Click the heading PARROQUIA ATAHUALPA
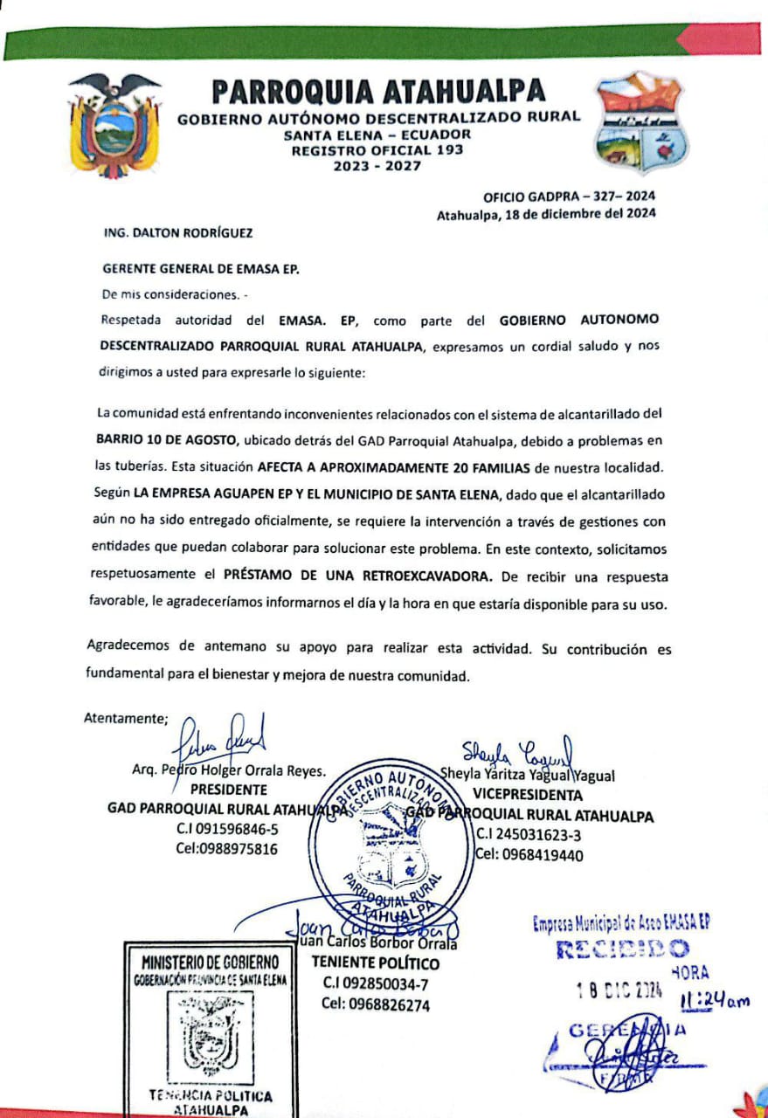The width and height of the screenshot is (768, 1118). [x=379, y=91]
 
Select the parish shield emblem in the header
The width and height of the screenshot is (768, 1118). [x=640, y=123]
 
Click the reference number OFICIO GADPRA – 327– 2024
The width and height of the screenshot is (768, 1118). [x=569, y=197]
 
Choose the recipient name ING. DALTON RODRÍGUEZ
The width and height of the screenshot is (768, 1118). [x=180, y=233]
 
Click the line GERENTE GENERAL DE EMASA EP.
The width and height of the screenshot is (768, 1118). [x=201, y=270]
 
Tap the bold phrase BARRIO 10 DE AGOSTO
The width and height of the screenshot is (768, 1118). [x=167, y=438]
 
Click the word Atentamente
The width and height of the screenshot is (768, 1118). [x=126, y=719]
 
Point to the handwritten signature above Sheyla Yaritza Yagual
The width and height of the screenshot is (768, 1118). [x=517, y=750]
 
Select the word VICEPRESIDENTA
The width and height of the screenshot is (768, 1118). [x=528, y=796]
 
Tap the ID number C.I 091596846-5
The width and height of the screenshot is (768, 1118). [x=227, y=829]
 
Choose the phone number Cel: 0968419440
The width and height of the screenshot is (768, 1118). [x=529, y=855]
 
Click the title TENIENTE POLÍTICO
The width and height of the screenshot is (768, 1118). [x=376, y=964]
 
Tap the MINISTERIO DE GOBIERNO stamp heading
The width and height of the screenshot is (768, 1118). [x=211, y=962]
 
